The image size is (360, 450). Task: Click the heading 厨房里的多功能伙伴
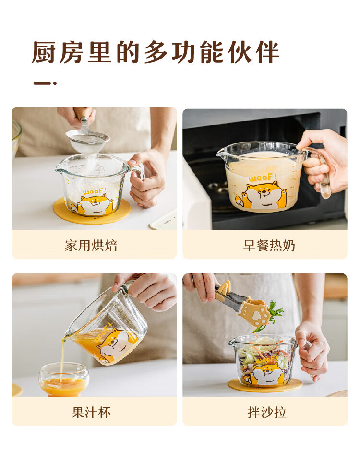[156, 52]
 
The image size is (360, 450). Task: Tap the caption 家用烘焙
[91, 246]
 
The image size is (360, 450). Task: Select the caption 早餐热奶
[269, 246]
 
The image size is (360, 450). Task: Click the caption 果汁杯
[91, 413]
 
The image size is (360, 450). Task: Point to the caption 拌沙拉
[267, 413]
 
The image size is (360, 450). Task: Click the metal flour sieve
[87, 139]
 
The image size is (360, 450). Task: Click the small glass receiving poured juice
[64, 379]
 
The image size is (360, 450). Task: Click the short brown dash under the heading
[45, 83]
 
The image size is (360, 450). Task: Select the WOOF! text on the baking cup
[95, 190]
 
